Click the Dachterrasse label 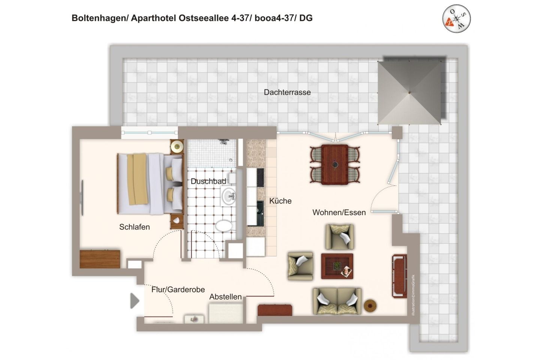[287, 92]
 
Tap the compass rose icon [456, 18]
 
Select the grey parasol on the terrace [409, 92]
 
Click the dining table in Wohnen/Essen [334, 164]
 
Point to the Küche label [280, 201]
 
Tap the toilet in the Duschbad [224, 226]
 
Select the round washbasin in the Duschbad [228, 196]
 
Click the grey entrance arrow [134, 301]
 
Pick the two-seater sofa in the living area [337, 301]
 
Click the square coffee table [337, 266]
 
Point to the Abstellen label [225, 297]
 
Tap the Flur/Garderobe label [178, 289]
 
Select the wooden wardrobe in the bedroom [100, 259]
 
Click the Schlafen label [134, 227]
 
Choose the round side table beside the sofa [370, 306]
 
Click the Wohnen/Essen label [339, 213]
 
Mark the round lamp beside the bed [177, 147]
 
